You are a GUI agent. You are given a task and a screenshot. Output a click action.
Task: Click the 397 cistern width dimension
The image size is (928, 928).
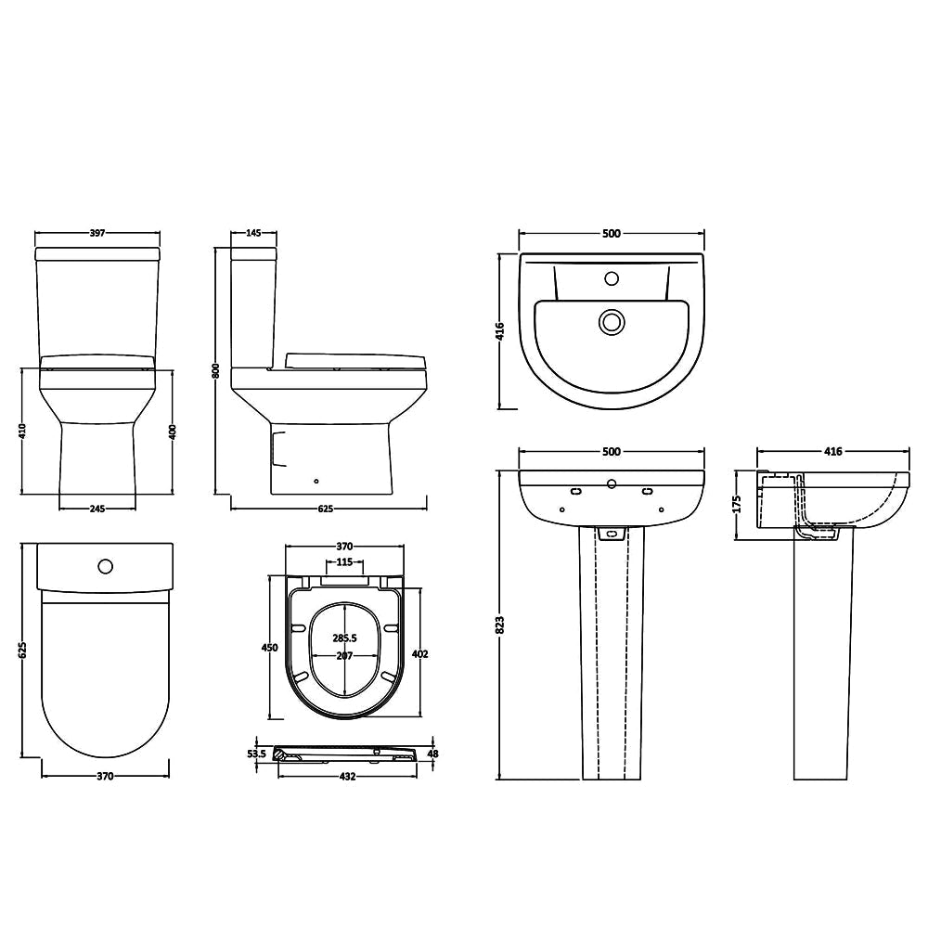click(x=97, y=233)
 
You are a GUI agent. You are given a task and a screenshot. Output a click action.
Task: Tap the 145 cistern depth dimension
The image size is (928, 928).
click(x=253, y=233)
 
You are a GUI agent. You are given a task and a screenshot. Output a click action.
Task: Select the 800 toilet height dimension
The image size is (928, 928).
click(x=216, y=370)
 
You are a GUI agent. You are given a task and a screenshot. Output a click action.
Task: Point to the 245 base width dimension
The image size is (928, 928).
click(x=97, y=509)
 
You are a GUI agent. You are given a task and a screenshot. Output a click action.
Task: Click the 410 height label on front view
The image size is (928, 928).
click(x=22, y=431)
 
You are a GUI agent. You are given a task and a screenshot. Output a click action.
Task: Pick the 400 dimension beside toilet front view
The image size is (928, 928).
click(x=173, y=432)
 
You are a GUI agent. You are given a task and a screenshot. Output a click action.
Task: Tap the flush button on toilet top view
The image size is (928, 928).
click(x=106, y=566)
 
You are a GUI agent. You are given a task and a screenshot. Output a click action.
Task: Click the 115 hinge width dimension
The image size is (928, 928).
click(x=344, y=561)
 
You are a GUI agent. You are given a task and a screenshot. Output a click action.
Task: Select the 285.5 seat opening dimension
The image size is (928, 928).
click(x=344, y=638)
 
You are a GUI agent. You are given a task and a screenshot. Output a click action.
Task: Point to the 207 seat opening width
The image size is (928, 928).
click(x=344, y=656)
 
